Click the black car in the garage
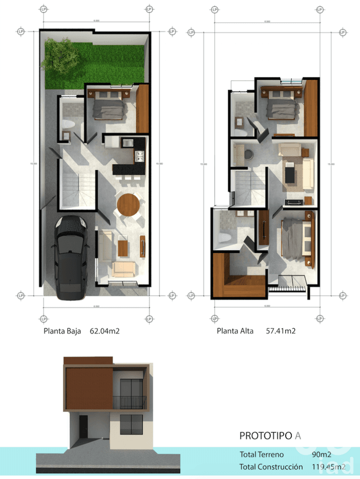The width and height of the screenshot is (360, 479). [x=70, y=253]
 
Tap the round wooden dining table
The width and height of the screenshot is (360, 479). [x=128, y=205]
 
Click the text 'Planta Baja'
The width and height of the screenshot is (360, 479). [x=62, y=331]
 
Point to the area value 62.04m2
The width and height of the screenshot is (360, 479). [x=105, y=331]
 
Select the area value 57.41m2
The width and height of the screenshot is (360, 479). [x=281, y=331]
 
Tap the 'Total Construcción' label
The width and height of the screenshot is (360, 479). [x=267, y=467]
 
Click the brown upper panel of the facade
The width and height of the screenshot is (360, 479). [x=89, y=388]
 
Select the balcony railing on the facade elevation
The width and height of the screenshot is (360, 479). [x=129, y=402]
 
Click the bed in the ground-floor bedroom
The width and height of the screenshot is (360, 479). [x=109, y=107]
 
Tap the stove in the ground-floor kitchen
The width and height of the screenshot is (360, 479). [x=138, y=155]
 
